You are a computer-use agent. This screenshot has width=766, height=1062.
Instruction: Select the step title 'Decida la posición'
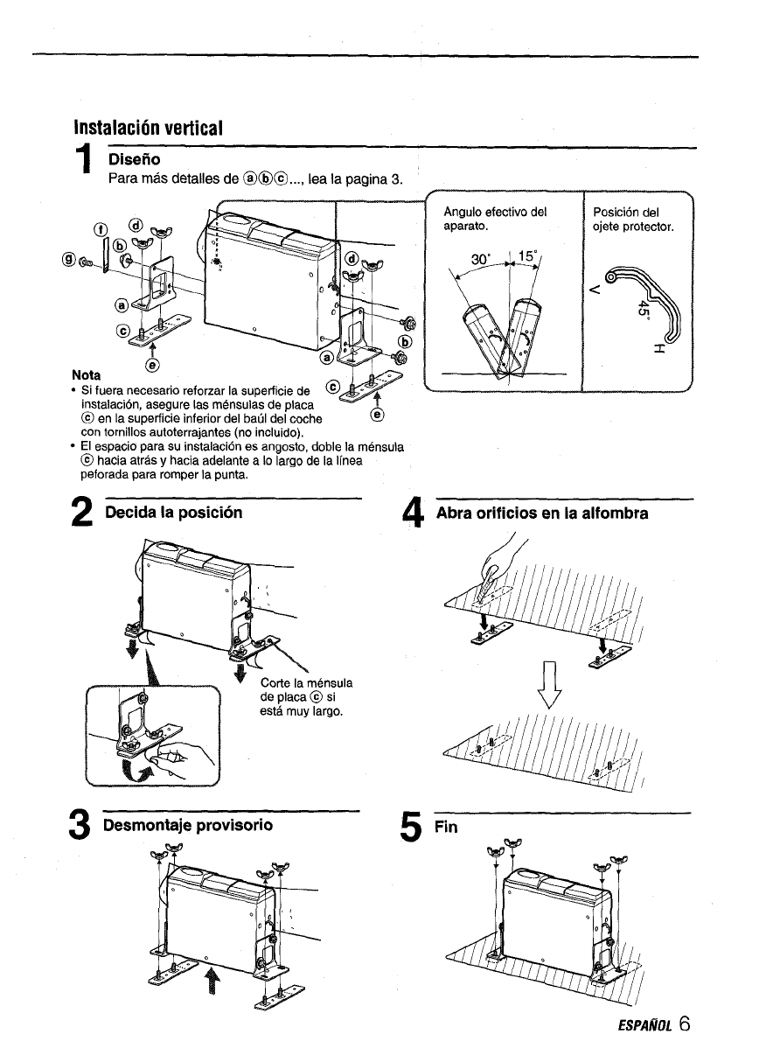click(173, 511)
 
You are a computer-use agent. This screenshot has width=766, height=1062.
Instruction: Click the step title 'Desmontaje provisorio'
click(188, 825)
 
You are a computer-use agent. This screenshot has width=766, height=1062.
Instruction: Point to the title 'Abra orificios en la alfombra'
click(542, 514)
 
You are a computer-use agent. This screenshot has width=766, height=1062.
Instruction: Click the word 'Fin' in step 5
click(445, 828)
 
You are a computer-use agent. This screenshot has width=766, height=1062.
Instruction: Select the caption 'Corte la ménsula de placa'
click(301, 696)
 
